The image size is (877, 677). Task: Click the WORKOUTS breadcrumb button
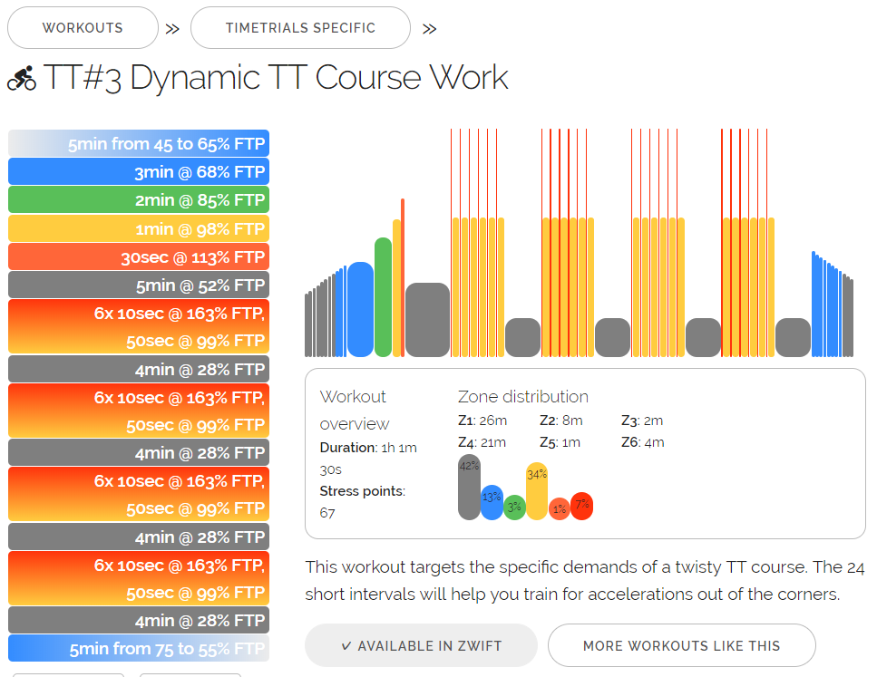pos(83,28)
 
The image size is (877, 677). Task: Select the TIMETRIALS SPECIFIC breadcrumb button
pos(300,28)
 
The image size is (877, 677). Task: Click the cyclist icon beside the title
pos(22,79)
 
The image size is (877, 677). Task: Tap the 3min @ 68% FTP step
pos(139,172)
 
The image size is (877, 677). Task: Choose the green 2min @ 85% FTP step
pos(139,200)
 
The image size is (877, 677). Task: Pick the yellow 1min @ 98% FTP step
pos(139,228)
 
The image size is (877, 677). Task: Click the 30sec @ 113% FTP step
pos(139,257)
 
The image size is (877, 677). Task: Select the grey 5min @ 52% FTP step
pos(139,285)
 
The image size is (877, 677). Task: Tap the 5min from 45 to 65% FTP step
pos(139,144)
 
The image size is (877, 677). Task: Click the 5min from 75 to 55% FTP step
pos(139,649)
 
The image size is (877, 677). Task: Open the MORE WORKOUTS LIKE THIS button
pos(681,645)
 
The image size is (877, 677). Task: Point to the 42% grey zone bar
pos(469,488)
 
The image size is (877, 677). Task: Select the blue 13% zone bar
pos(492,502)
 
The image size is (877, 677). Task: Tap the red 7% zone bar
pos(581,506)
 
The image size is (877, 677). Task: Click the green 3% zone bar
pos(514,508)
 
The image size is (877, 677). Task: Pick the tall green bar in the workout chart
pos(383,297)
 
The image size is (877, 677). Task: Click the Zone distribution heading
pos(523,397)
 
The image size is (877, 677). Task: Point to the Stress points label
pos(362,491)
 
